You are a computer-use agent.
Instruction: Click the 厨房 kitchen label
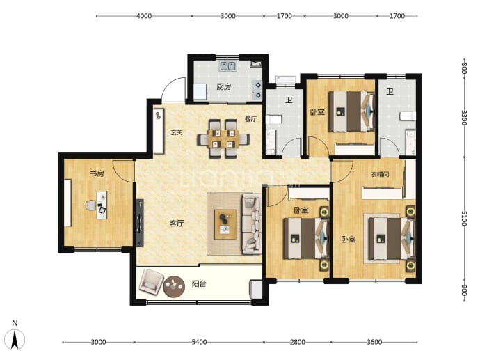pyautogui.click(x=224, y=87)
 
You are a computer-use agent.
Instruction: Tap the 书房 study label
pyautogui.click(x=97, y=173)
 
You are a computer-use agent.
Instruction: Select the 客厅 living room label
pyautogui.click(x=177, y=224)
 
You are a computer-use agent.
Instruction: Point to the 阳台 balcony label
pyautogui.click(x=199, y=284)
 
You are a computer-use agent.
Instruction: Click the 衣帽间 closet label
pyautogui.click(x=380, y=174)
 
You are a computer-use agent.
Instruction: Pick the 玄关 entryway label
pyautogui.click(x=177, y=132)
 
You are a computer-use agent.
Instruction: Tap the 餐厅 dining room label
pyautogui.click(x=250, y=119)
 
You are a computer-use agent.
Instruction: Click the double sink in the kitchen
pyautogui.click(x=227, y=66)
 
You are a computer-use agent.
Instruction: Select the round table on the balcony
pyautogui.click(x=174, y=287)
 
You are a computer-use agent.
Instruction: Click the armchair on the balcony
pyautogui.click(x=151, y=282)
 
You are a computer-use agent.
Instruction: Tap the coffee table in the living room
pyautogui.click(x=225, y=224)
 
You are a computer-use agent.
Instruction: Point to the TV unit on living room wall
pyautogui.click(x=140, y=223)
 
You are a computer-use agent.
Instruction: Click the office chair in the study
pyautogui.click(x=91, y=205)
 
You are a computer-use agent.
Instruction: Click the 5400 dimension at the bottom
pyautogui.click(x=199, y=342)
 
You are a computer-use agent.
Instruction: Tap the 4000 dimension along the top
pyautogui.click(x=144, y=16)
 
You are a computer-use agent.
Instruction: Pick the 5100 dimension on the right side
pyautogui.click(x=464, y=218)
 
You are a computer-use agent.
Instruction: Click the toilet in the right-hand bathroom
pyautogui.click(x=408, y=116)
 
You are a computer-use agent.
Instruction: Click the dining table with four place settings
pyautogui.click(x=223, y=139)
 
